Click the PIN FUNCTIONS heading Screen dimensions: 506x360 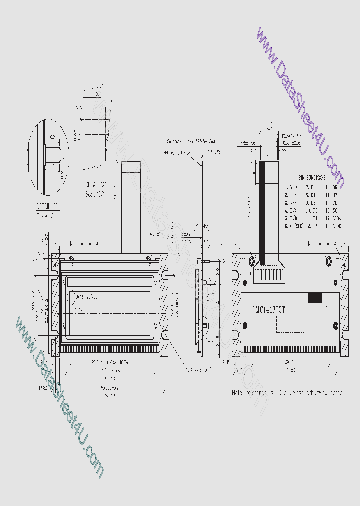point(312,177)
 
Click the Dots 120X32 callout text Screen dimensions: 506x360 point(86,296)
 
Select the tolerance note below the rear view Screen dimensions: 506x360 point(287,393)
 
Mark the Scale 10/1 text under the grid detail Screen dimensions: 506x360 point(95,194)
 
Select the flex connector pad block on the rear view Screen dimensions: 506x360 point(269,274)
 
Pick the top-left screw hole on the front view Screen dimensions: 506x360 point(71,258)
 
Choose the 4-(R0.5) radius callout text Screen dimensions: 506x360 point(201,370)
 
